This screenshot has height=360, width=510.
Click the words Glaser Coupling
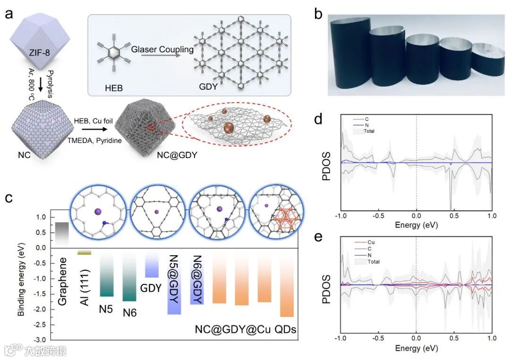tap(156, 49)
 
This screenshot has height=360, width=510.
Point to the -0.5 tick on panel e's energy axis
tap(378, 339)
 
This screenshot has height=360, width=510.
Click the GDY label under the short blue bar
tap(151, 287)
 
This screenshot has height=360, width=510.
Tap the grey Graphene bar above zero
tap(62, 233)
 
